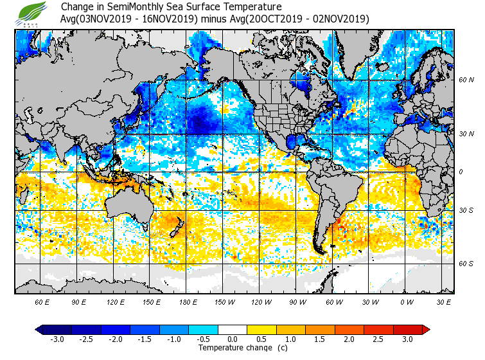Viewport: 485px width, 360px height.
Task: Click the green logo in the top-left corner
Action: [x=32, y=12]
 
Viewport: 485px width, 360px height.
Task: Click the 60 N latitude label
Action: [x=466, y=80]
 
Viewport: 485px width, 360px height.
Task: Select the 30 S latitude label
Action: [x=466, y=210]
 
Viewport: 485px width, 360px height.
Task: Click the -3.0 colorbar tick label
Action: [x=57, y=339]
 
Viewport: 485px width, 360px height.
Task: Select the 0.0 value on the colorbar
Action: [x=233, y=339]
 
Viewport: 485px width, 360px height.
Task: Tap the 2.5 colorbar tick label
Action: [x=378, y=339]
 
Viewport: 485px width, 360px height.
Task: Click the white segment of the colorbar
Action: [x=233, y=329]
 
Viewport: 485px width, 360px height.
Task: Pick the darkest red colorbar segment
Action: [x=407, y=329]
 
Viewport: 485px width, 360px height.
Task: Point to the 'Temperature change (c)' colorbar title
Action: [x=233, y=348]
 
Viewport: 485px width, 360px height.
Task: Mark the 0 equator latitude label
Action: [x=460, y=172]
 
